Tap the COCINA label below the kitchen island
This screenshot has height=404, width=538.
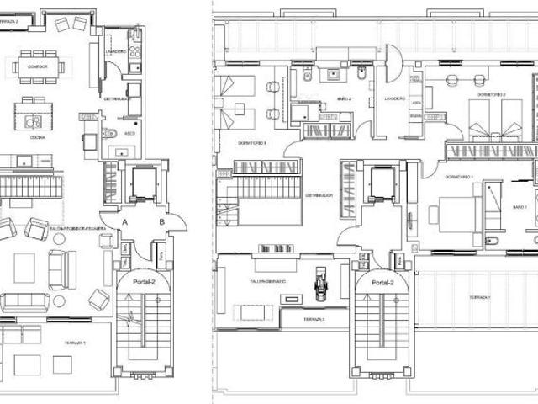[x=36, y=136]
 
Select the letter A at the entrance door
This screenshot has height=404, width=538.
[x=125, y=221]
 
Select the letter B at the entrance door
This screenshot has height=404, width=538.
[x=161, y=221]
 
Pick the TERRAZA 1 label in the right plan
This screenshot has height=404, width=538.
[x=480, y=297]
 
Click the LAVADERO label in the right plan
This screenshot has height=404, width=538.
[x=395, y=98]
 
